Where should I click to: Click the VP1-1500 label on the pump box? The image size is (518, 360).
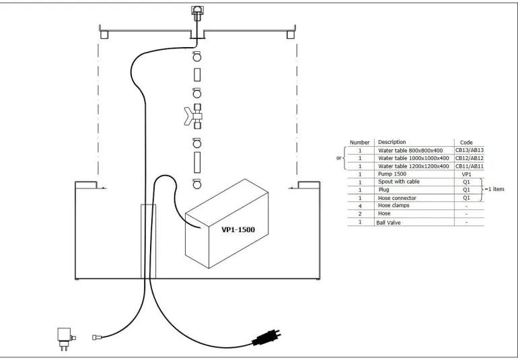tap(238, 229)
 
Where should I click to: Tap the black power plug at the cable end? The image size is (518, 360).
tap(266, 338)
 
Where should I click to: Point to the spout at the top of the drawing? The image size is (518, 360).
tap(198, 11)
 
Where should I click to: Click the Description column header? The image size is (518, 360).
tap(392, 142)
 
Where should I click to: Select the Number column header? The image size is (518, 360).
tap(360, 142)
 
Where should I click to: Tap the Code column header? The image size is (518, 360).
tap(466, 142)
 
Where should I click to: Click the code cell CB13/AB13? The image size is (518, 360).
tap(469, 150)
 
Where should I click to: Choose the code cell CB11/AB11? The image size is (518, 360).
tap(469, 166)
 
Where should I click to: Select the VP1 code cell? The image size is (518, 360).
tap(466, 174)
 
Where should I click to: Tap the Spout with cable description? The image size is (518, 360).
tap(398, 182)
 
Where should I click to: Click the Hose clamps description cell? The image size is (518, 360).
tap(394, 206)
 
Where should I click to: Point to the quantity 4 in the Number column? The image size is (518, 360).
tap(360, 206)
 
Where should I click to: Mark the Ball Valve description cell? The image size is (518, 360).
tap(389, 222)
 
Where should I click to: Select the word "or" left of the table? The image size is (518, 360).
tap(339, 158)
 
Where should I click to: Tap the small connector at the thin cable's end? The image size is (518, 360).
tap(97, 336)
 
